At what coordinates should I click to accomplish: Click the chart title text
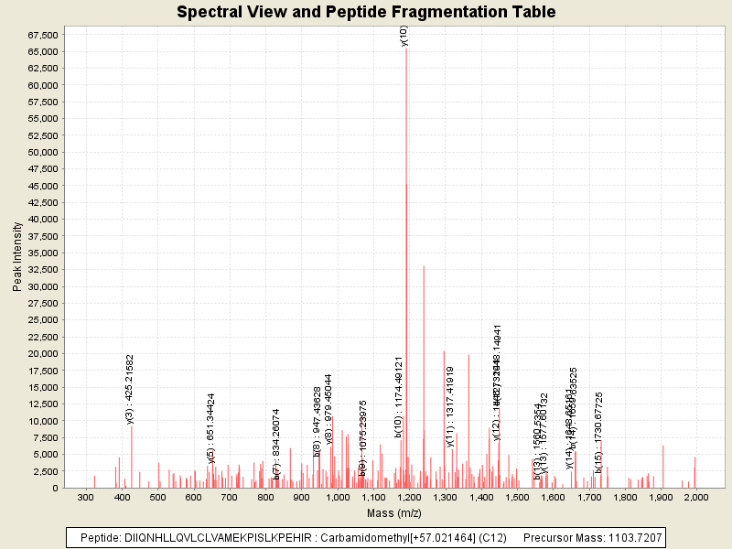pyautogui.click(x=366, y=12)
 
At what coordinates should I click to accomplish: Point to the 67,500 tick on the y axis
pyautogui.click(x=42, y=35)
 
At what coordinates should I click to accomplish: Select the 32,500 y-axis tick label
pyautogui.click(x=42, y=286)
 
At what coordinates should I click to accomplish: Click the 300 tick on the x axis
pyautogui.click(x=85, y=495)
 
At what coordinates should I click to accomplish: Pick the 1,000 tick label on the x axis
pyautogui.click(x=338, y=495)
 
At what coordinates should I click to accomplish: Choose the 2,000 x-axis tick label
pyautogui.click(x=696, y=495)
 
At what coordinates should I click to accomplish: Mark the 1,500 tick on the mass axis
pyautogui.click(x=517, y=495)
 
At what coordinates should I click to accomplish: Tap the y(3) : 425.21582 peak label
pyautogui.click(x=130, y=389)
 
